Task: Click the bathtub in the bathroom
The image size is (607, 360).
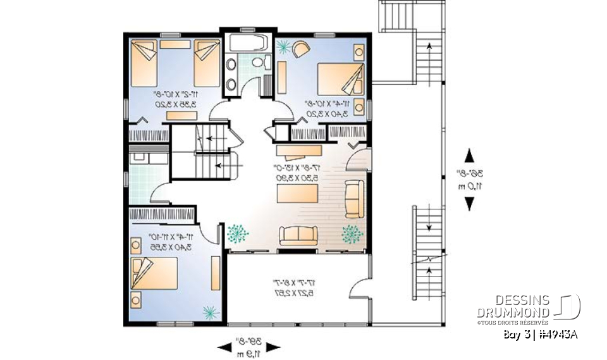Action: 248,44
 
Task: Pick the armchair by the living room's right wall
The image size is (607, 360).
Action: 353,198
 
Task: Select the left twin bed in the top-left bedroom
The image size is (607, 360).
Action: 145,63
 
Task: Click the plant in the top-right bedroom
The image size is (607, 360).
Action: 284,46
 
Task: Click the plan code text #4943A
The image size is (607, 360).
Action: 558,334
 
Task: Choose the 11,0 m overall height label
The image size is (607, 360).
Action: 469,185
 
